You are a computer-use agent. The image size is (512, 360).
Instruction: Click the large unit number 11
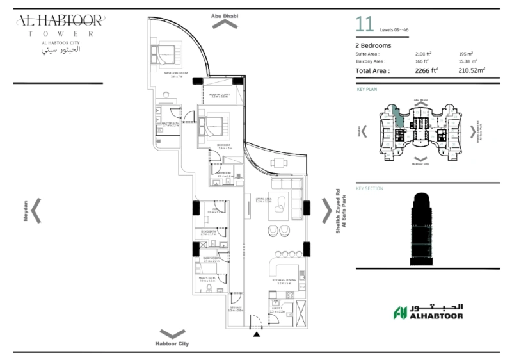point(365,26)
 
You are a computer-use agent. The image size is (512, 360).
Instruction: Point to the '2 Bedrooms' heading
point(373,45)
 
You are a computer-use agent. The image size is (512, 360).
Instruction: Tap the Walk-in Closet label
point(220,95)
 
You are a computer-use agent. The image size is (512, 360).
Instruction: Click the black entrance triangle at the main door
point(257,334)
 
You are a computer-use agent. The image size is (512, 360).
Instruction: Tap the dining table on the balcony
point(278,163)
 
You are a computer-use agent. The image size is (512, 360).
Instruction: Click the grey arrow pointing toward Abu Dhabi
point(224,24)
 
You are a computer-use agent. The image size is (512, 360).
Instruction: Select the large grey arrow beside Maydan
point(37,210)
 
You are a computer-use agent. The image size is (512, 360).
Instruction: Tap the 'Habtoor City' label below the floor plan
point(172,344)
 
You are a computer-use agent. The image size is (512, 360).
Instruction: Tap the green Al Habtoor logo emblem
point(401,313)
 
